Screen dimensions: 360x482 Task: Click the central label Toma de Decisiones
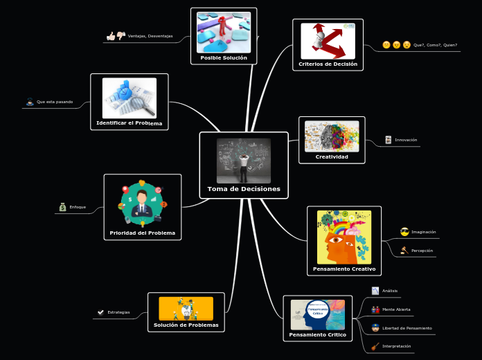(x=244, y=188)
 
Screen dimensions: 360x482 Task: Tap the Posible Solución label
(x=224, y=57)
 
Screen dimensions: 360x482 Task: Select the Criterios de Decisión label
(x=328, y=64)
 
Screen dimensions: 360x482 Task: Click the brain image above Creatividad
(x=332, y=136)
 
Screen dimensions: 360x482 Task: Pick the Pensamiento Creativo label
(x=344, y=269)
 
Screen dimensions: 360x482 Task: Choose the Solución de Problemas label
(x=186, y=325)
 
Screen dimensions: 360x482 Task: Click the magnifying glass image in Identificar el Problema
(x=130, y=98)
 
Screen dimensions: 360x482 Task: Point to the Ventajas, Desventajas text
(x=150, y=36)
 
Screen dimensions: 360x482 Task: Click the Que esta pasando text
(x=55, y=102)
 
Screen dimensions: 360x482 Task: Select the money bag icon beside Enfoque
(x=62, y=207)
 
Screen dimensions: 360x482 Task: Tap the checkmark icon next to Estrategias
(x=101, y=312)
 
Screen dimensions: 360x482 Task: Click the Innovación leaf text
(x=406, y=140)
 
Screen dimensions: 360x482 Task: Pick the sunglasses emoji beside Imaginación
(x=404, y=232)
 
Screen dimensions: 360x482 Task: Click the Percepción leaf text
(x=422, y=251)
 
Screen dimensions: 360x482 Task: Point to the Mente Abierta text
(x=396, y=309)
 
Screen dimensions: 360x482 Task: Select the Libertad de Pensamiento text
(x=407, y=328)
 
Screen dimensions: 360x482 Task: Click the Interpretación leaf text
(x=396, y=346)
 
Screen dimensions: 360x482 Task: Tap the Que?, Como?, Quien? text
(x=435, y=45)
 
